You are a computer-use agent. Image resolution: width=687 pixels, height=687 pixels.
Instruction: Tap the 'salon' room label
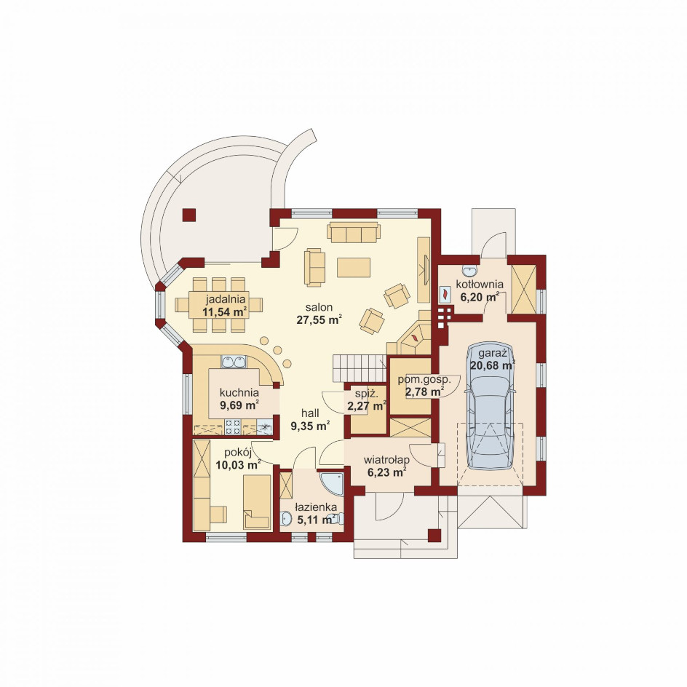[x=319, y=307]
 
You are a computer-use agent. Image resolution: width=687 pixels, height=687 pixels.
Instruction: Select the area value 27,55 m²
[x=319, y=319]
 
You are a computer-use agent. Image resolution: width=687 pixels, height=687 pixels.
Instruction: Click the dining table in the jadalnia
[x=219, y=306]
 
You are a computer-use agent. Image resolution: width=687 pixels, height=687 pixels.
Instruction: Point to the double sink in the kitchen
[x=234, y=362]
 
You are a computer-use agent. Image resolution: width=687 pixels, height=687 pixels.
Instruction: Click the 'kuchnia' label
[x=239, y=392]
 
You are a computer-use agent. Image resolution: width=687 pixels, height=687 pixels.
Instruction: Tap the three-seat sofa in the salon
[x=354, y=231]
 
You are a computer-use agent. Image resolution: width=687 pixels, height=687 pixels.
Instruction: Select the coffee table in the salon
[x=354, y=267]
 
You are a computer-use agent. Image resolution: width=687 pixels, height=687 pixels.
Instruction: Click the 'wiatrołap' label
[x=386, y=460]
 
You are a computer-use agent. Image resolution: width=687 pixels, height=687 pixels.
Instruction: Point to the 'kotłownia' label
[x=480, y=285]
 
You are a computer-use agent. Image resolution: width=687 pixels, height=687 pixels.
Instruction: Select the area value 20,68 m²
[x=493, y=365]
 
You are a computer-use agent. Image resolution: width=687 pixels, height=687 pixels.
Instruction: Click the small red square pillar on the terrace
[x=189, y=215]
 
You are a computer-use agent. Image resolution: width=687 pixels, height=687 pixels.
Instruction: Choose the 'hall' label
[x=310, y=413]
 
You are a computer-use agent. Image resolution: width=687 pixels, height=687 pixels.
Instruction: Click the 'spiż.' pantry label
[x=364, y=393]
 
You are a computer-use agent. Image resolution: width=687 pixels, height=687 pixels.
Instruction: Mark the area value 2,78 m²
[x=424, y=392]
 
